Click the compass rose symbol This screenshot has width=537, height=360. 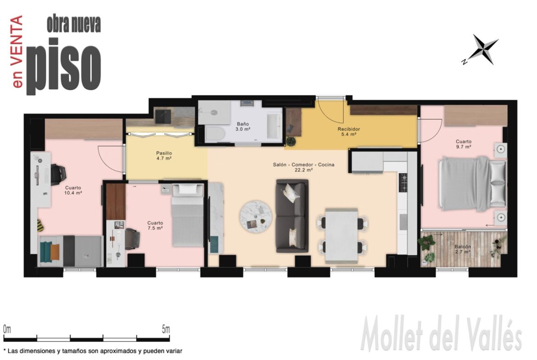[482, 49]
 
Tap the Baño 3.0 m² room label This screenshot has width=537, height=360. [242, 127]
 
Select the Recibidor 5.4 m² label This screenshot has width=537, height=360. [349, 132]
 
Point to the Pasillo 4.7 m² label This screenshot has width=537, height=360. [164, 156]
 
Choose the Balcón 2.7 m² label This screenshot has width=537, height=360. [463, 249]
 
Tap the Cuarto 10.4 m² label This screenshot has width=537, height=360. [73, 190]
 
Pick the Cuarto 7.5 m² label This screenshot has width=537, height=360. [155, 226]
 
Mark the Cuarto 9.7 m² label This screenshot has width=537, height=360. [464, 144]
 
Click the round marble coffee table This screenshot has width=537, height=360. [256, 217]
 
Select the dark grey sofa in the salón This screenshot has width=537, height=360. [292, 216]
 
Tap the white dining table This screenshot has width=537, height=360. [341, 235]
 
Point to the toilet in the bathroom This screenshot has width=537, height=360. [214, 133]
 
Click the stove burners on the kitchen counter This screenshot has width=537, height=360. [403, 183]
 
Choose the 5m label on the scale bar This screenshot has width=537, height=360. [166, 330]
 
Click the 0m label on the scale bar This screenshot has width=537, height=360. [7, 330]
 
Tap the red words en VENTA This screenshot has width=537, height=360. [17, 51]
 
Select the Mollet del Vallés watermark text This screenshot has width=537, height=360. [441, 334]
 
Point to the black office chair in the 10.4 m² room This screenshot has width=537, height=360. [58, 175]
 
